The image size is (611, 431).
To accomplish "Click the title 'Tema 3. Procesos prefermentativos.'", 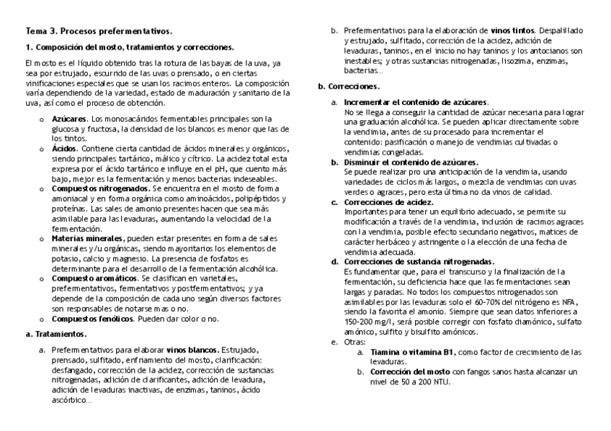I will tap(99, 32).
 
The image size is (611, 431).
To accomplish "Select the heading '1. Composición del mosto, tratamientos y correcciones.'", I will tap(130, 47).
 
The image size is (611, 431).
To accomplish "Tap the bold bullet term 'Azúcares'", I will tap(69, 119).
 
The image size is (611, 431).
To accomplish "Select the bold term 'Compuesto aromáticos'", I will tap(94, 278).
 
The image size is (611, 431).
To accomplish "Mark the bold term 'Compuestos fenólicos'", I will tap(92, 318).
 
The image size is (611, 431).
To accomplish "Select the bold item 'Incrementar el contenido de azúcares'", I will tap(416, 103).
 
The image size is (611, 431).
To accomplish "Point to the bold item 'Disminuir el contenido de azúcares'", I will tap(411, 163).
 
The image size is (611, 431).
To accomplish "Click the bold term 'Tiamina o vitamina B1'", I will tap(412, 352).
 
